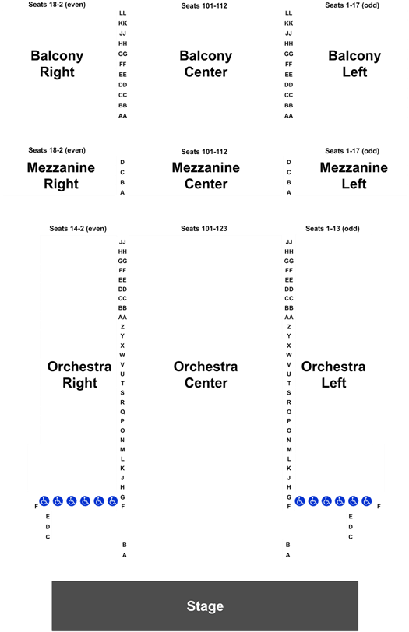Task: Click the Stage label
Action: (205, 606)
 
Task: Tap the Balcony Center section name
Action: (206, 64)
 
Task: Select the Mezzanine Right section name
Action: (61, 176)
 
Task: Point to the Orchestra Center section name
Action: (206, 374)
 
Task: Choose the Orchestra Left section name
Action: (333, 374)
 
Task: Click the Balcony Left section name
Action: (354, 64)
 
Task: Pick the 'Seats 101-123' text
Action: (203, 229)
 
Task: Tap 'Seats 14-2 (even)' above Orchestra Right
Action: (78, 229)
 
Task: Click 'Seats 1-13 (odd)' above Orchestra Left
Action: (333, 229)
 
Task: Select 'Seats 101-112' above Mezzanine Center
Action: (204, 152)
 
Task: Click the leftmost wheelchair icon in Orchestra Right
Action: (44, 501)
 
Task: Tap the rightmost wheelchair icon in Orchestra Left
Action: (367, 501)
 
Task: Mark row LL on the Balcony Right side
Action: (122, 13)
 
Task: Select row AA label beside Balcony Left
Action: (289, 116)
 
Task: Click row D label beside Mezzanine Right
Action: (122, 162)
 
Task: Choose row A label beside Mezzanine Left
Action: (289, 193)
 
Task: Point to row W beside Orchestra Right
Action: (122, 355)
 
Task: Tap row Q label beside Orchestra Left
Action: (289, 412)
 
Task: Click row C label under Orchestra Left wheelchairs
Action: (351, 537)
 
